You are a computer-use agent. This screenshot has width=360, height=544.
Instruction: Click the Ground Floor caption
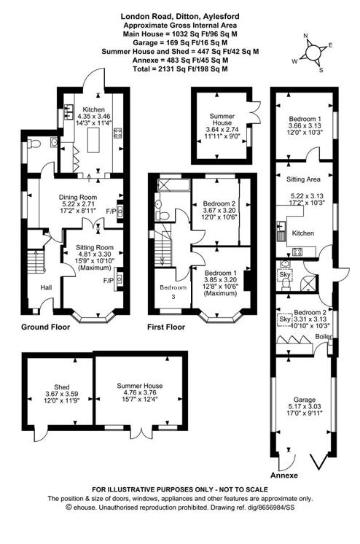[45, 327]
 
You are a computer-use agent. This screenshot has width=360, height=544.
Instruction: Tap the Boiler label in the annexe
[324, 336]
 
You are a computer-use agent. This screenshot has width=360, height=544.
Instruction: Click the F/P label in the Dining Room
[110, 211]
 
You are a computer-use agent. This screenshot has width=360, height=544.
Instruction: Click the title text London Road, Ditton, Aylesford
[179, 15]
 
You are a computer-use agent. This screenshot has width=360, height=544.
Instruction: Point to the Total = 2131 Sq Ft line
[179, 69]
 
